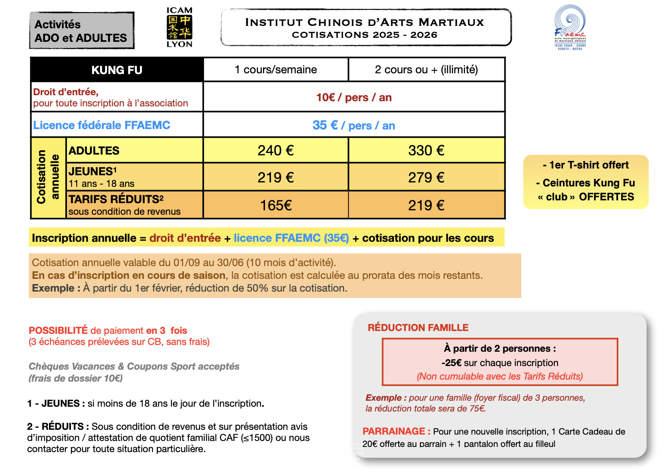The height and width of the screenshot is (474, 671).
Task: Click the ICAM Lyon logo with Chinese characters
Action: (x=179, y=27)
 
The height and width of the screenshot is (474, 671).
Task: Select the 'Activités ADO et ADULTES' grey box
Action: (x=82, y=31)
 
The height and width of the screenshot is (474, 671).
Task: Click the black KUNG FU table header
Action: (x=117, y=70)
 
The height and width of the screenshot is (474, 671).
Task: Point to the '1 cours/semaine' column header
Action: (x=276, y=70)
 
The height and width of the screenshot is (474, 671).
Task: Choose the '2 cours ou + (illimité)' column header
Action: (x=426, y=70)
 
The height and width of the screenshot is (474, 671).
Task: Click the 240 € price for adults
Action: (x=276, y=151)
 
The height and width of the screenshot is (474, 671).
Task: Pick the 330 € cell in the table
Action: (x=426, y=151)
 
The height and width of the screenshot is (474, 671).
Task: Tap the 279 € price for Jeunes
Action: (x=426, y=178)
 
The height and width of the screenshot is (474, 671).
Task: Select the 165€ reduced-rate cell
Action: (x=276, y=206)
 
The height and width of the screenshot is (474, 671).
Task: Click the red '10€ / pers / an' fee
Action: (x=354, y=98)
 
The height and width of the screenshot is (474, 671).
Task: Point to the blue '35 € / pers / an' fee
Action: (x=354, y=125)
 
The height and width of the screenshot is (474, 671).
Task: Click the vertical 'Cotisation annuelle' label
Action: (x=48, y=177)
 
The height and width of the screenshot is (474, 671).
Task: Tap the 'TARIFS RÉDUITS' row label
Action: (x=116, y=199)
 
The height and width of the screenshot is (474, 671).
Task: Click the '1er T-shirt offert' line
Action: (x=586, y=165)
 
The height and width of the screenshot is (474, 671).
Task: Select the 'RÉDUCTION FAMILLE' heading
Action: (x=418, y=328)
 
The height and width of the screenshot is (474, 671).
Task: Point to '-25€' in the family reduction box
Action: (x=451, y=363)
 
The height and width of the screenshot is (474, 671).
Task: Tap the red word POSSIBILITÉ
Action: (x=58, y=331)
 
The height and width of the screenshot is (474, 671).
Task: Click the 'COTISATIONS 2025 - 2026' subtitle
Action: (x=365, y=35)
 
